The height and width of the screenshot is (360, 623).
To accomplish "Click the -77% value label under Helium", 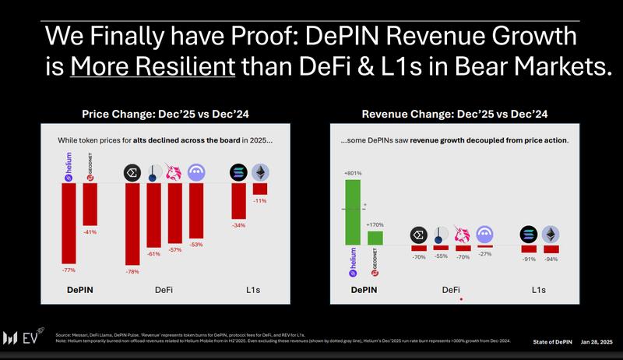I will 69,269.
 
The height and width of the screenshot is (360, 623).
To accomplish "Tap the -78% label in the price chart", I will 132,271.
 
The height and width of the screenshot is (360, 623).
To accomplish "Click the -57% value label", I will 175,249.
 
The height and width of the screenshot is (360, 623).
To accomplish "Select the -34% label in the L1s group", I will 239,225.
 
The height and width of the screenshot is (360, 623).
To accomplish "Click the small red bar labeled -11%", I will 260,189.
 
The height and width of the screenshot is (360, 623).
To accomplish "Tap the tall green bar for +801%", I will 353,212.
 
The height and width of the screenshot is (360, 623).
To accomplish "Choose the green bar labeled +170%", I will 375,238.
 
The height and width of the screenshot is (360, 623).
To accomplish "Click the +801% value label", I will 353,174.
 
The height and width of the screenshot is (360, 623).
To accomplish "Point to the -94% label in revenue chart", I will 551,258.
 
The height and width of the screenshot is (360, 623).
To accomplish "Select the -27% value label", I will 485,254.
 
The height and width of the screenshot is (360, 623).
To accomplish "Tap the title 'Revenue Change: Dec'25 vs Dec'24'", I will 454,114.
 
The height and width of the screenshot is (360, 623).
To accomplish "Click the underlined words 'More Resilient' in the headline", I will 153,67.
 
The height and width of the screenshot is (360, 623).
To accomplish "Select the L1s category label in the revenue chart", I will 539,290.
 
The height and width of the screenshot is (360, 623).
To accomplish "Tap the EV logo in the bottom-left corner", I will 24,338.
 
